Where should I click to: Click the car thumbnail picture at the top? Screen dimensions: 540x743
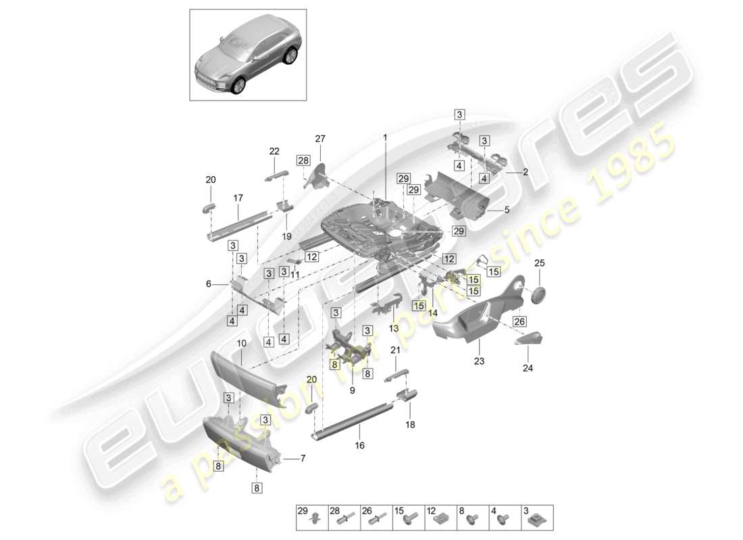pos(247,55)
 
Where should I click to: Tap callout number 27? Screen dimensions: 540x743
pos(320,138)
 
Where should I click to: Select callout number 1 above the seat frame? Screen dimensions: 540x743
pos(385,137)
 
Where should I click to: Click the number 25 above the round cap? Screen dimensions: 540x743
pos(539,263)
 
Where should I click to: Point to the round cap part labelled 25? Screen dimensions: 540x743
pos(539,294)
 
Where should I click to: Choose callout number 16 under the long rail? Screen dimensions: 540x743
pos(359,446)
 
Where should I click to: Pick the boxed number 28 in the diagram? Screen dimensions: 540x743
pos(302,160)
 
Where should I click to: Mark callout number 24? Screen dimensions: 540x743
pos(528,369)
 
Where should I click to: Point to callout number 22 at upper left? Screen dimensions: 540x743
pos(274,151)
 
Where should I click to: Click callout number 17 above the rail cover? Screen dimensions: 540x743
pos(238,198)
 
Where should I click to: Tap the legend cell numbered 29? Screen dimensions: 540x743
pos(311,517)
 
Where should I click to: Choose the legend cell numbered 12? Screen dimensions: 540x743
pos(440,517)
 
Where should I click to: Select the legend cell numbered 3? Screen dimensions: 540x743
pos(537,517)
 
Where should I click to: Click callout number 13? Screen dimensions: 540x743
pos(394,329)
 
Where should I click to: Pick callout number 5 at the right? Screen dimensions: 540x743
pos(507,210)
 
